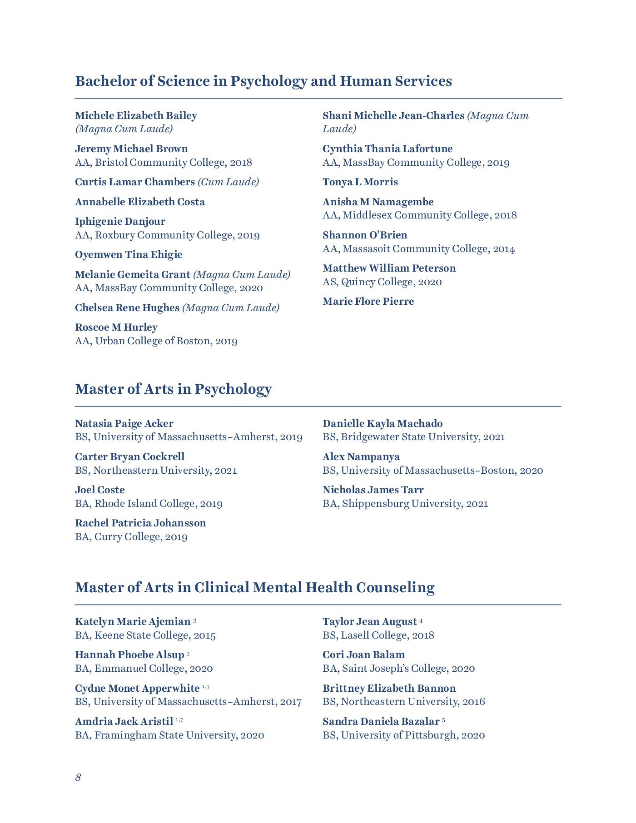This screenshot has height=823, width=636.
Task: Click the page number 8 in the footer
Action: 78,777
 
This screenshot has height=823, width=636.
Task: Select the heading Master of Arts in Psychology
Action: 173,389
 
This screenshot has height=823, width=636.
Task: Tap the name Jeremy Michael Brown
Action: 131,149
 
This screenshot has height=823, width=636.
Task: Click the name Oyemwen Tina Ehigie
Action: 129,255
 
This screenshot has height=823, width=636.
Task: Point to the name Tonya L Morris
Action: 360,182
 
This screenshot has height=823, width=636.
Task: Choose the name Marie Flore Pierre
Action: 368,302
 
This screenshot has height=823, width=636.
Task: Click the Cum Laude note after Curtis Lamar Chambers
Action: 229,182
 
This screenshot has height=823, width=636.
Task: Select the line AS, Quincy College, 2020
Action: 382,282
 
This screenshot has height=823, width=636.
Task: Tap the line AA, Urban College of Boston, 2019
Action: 156,341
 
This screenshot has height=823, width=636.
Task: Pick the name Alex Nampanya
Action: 361,457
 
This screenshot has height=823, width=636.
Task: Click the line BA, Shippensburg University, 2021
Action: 405,504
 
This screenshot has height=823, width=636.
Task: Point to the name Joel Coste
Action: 100,490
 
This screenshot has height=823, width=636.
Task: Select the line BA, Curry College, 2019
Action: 131,537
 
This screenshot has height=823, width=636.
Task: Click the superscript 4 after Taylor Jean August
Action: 421,620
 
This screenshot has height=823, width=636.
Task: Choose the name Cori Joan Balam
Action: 363,655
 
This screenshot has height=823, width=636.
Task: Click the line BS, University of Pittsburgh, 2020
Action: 404,735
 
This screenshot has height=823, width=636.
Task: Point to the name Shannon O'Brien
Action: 365,235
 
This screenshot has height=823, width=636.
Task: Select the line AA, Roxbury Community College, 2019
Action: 167,235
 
